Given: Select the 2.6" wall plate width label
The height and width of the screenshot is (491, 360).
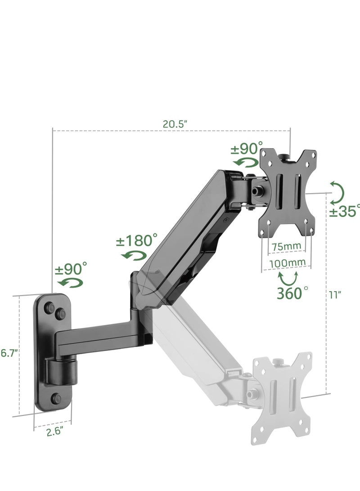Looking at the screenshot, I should [54, 431].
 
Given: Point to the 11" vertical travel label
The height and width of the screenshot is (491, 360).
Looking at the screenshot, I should [335, 295].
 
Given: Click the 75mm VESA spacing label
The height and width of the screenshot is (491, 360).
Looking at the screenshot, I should [286, 247].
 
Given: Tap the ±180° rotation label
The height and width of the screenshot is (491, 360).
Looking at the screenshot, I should [137, 240].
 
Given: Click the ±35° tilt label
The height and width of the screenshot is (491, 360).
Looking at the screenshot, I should [344, 211].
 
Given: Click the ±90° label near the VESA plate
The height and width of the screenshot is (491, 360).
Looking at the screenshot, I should [247, 148].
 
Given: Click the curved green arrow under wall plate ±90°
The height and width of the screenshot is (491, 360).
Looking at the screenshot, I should [70, 283].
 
